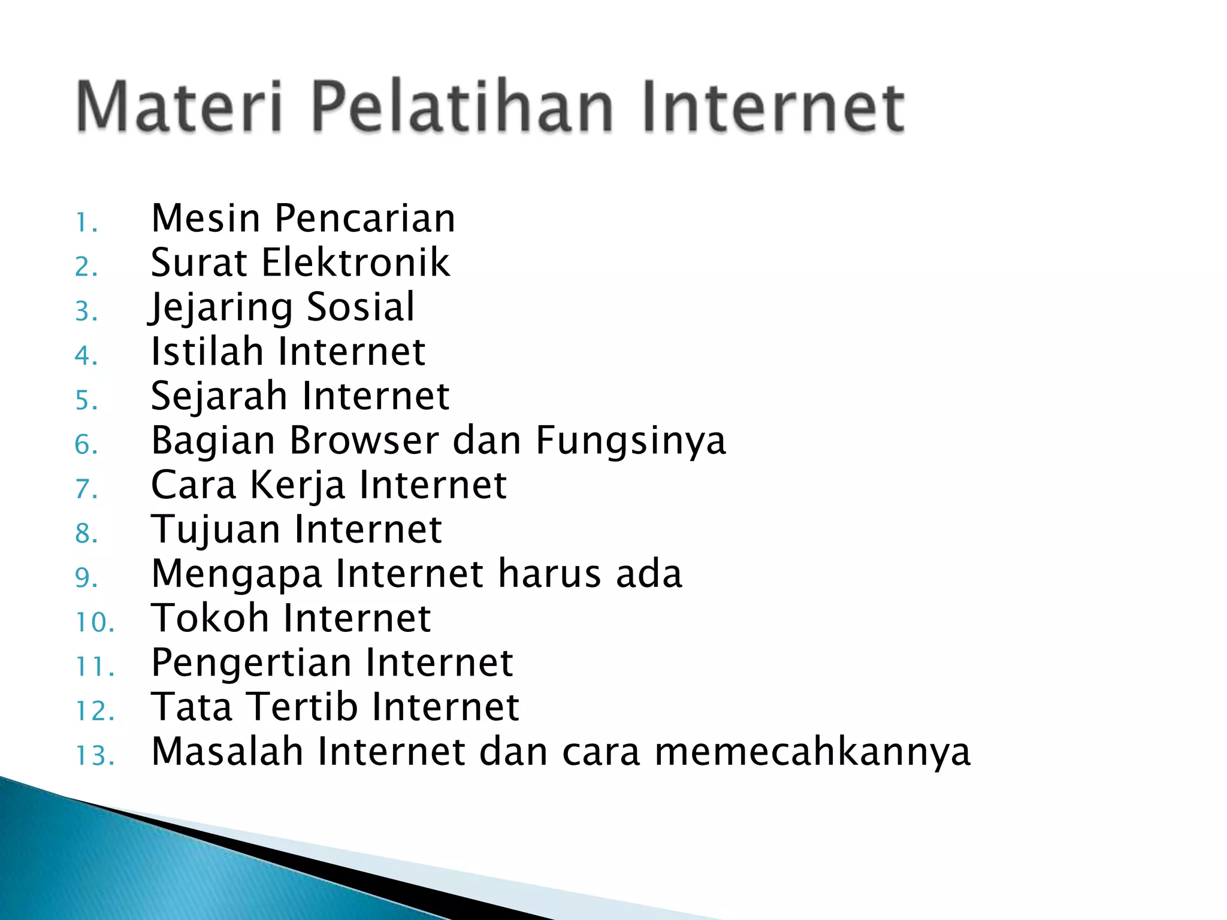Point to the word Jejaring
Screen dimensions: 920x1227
click(x=222, y=308)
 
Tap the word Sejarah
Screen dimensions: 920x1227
click(x=219, y=397)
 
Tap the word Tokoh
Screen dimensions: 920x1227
click(x=210, y=618)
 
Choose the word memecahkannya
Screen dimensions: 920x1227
click(x=812, y=752)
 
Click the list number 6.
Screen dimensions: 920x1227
click(x=86, y=445)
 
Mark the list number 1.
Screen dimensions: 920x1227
click(x=86, y=223)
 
